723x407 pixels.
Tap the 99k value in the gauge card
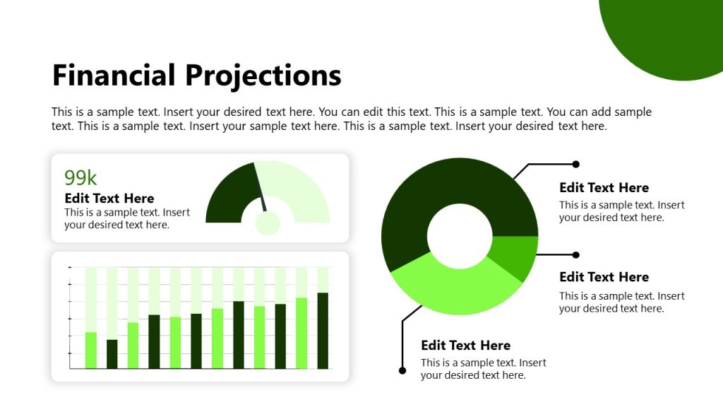coord(80,177)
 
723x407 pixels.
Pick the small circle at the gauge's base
coord(268,223)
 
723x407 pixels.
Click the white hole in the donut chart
coord(460,236)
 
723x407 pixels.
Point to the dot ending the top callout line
coord(575,164)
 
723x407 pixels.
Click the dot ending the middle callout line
coord(575,254)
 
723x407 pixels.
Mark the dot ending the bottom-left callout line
coord(402,370)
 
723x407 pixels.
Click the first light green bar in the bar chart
coord(91,350)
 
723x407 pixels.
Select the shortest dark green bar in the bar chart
coord(112,354)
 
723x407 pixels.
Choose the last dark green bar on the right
coord(323,331)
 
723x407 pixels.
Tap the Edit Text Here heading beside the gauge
coord(109,199)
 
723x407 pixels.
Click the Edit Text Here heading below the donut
coord(465,346)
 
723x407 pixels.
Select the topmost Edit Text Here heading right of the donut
coord(604,188)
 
